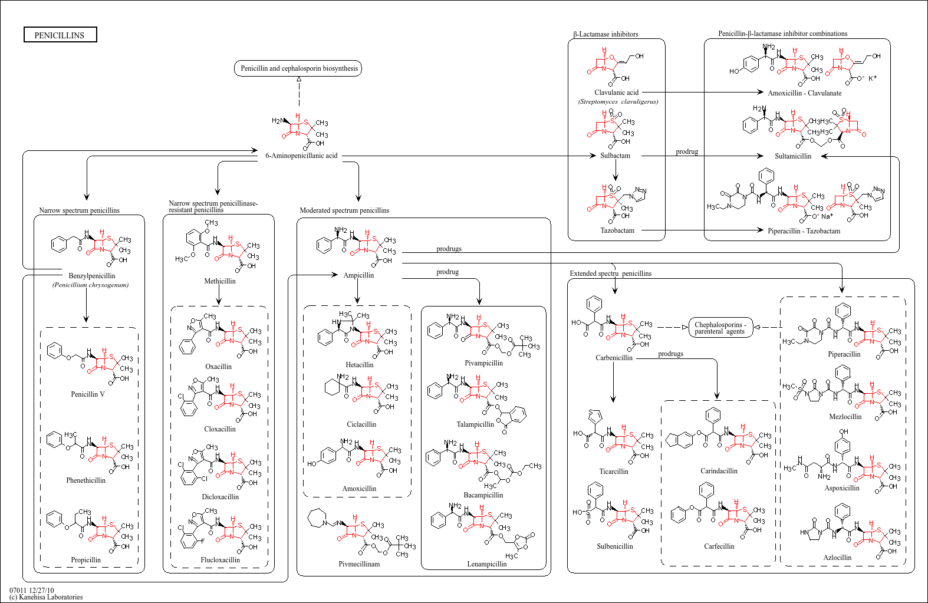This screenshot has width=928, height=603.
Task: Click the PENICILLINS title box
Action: (x=60, y=35)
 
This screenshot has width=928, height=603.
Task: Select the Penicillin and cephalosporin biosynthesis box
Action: (x=299, y=68)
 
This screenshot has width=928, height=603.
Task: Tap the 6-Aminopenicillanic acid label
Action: (x=301, y=156)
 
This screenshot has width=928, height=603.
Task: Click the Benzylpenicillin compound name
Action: (x=92, y=276)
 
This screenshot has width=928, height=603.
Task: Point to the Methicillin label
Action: (x=220, y=281)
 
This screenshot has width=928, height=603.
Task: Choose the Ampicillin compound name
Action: (x=358, y=275)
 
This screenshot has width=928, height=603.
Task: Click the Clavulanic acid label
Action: (x=616, y=93)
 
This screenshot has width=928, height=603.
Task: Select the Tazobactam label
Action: (x=617, y=230)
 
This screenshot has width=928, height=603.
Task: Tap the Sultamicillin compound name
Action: (x=793, y=156)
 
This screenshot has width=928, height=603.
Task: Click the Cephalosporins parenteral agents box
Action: (x=720, y=328)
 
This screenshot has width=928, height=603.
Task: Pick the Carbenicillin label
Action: (x=614, y=358)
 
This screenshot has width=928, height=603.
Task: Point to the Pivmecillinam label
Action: (x=359, y=564)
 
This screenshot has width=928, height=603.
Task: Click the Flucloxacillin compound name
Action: (x=220, y=560)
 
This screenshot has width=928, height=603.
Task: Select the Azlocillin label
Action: (x=837, y=558)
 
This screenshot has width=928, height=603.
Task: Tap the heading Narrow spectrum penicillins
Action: (x=79, y=210)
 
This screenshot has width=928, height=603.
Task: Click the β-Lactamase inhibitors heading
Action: (x=605, y=34)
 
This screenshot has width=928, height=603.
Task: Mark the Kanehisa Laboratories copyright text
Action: (x=46, y=597)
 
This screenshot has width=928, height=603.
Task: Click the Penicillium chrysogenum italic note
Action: (x=90, y=285)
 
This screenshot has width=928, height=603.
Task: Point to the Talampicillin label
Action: (x=475, y=424)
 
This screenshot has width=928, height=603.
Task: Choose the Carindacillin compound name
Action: (x=719, y=471)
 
